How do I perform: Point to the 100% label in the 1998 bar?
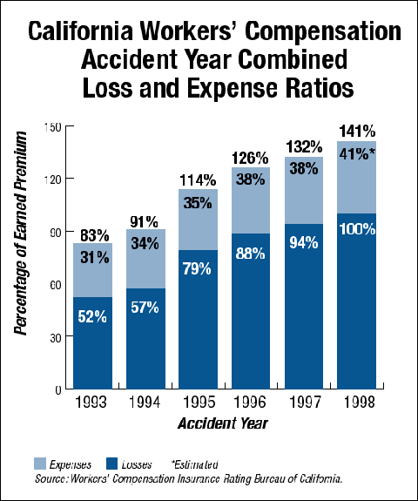click(356, 229)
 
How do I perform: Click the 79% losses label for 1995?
click(198, 268)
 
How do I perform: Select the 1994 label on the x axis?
click(145, 404)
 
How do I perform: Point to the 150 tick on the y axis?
click(52, 127)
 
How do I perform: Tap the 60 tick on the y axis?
click(56, 284)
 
